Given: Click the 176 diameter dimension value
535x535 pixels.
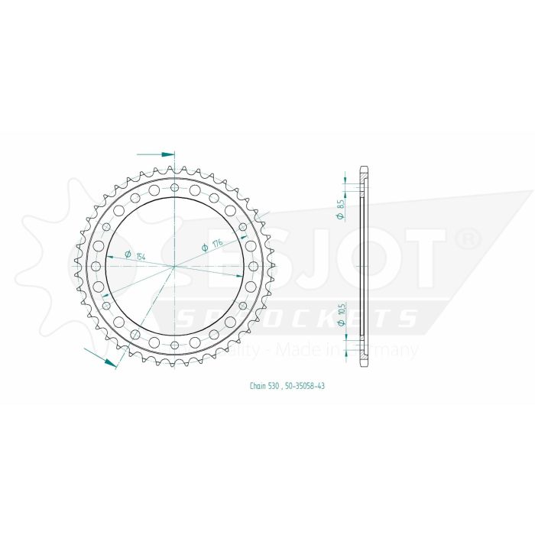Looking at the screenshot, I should click(x=217, y=245).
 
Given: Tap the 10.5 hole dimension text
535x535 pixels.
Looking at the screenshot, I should click(x=340, y=310).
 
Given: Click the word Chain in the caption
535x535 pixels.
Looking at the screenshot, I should click(x=258, y=386).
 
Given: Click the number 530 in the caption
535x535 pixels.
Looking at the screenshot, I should click(x=277, y=386).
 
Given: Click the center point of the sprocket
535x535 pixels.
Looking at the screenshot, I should click(x=175, y=266).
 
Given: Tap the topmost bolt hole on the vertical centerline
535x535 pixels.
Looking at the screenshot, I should click(x=175, y=187).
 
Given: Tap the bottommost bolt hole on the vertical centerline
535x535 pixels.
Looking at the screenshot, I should click(x=175, y=345).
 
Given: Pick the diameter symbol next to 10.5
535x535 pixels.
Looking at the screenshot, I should click(x=340, y=325).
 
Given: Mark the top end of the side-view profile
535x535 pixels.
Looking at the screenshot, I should click(x=364, y=169).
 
